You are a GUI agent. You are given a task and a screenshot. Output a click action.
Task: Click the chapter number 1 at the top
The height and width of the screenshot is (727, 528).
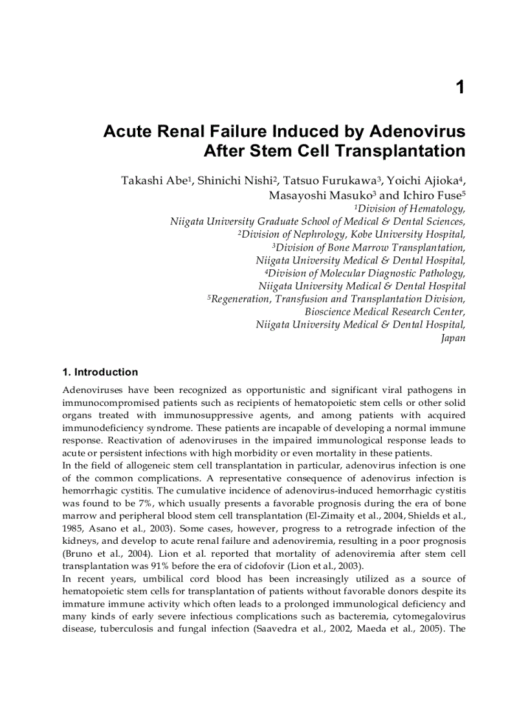[460, 87]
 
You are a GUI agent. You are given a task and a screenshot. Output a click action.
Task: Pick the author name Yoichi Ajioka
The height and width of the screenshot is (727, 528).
[424, 181]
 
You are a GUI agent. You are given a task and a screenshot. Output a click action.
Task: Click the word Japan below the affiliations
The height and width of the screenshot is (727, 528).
[453, 338]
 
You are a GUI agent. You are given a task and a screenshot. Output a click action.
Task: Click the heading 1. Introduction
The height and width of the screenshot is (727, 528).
[100, 372]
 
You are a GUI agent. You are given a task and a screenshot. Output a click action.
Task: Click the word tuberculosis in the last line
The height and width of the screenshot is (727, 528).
[133, 628]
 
